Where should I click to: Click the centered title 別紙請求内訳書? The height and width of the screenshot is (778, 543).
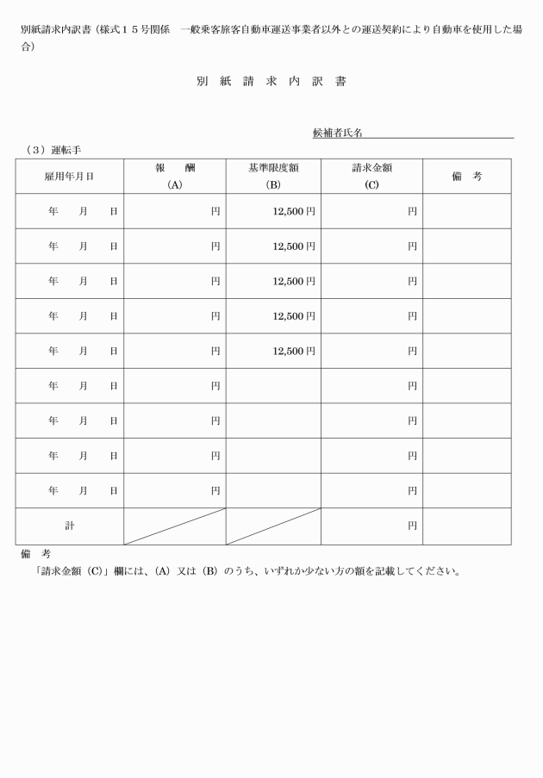(271, 82)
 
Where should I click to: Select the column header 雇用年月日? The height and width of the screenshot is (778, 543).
(69, 177)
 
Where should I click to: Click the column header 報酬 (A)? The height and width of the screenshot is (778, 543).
(175, 177)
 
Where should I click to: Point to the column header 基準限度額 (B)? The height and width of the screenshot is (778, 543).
(273, 177)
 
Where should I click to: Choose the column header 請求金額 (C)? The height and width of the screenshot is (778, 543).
(371, 177)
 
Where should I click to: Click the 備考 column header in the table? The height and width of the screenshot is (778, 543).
(466, 177)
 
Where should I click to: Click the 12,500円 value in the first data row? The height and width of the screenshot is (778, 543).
(294, 211)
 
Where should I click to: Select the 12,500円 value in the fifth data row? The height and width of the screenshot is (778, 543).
(294, 351)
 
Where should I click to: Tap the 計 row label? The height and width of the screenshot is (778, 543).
(70, 526)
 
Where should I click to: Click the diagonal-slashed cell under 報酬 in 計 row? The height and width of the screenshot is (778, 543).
(175, 526)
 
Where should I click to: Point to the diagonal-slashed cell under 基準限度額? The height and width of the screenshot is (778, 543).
(273, 526)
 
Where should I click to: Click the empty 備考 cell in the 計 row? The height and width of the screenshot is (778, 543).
(466, 526)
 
